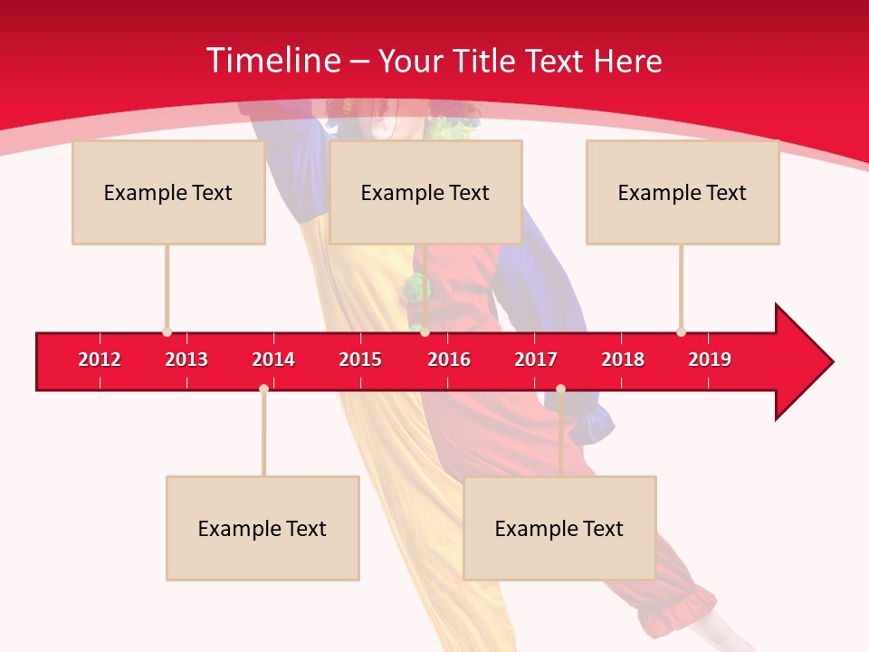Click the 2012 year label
(100, 360)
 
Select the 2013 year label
(186, 360)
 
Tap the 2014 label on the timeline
(273, 360)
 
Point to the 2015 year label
(360, 360)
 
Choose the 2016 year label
(449, 360)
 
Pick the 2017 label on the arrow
(536, 360)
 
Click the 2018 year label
(623, 360)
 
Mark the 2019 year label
(710, 360)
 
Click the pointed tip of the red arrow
(831, 362)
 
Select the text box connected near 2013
(168, 193)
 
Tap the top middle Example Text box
(425, 193)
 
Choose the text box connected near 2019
(683, 193)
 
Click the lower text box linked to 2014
(263, 529)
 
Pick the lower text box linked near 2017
(559, 529)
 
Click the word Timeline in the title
(273, 61)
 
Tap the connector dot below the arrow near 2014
(263, 389)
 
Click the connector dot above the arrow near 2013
(167, 331)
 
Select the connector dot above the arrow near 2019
(681, 331)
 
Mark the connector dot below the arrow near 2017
(560, 389)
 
